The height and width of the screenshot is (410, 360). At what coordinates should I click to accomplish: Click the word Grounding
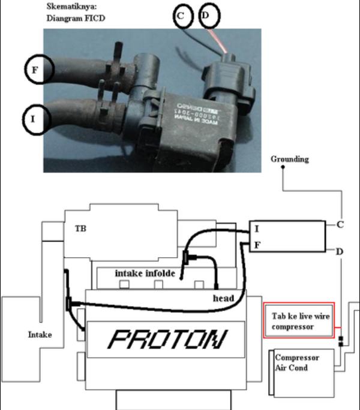[x=290, y=159]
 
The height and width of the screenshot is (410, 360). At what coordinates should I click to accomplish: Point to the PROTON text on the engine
[x=166, y=340]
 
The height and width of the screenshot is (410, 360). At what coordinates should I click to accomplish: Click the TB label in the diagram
[x=80, y=228]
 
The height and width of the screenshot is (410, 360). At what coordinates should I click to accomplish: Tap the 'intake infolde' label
[x=145, y=273]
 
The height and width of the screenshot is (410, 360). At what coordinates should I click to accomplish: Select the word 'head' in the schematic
[x=224, y=298]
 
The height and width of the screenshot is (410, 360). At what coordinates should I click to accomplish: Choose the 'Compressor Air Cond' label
[x=297, y=362]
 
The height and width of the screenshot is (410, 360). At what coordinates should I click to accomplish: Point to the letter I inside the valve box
[x=257, y=228]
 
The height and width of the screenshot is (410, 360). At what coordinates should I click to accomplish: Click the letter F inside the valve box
[x=257, y=245]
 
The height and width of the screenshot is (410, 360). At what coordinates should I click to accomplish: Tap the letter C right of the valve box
[x=340, y=225]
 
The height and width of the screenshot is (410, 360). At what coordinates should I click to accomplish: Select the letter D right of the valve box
[x=340, y=251]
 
